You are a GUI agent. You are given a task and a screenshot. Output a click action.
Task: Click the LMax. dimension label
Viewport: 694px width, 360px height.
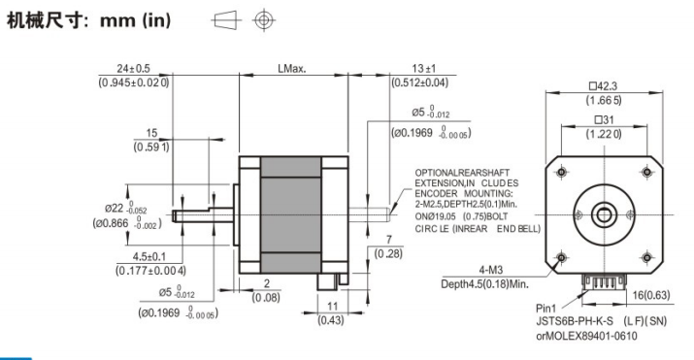coord(292,69)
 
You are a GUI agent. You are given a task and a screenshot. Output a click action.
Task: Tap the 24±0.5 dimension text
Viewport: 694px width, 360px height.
coord(133,69)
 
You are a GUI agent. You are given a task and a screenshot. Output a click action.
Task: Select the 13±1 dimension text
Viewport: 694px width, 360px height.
coord(423,69)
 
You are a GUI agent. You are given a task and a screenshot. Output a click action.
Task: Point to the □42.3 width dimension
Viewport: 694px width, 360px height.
coord(604,86)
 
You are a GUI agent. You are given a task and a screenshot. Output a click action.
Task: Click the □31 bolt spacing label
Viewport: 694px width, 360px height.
coord(604,120)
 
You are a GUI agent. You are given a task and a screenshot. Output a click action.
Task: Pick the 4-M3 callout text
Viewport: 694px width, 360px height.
coord(491,270)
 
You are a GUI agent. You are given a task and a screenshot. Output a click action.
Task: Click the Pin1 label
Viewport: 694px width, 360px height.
coord(545,309)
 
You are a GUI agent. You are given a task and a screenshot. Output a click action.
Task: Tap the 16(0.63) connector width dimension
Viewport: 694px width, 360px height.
coord(651,295)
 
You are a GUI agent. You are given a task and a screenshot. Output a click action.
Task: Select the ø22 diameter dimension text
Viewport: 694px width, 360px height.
coord(116,208)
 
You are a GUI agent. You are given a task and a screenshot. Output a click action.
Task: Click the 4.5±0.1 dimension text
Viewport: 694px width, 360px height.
coord(149,256)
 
